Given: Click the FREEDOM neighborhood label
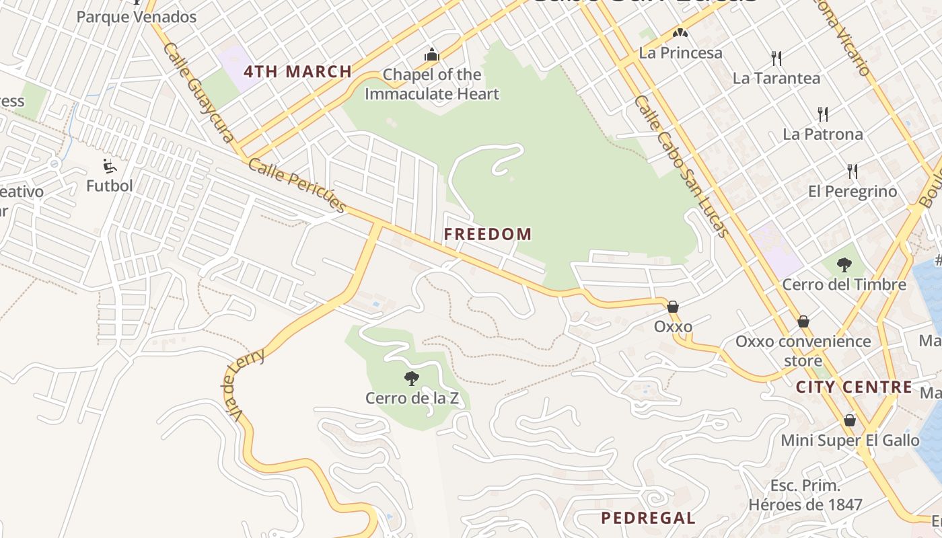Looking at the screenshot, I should pyautogui.click(x=488, y=234).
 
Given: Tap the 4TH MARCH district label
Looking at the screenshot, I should pyautogui.click(x=297, y=71).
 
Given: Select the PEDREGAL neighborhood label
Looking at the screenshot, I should pyautogui.click(x=648, y=518).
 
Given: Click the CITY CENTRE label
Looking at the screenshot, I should pyautogui.click(x=854, y=387).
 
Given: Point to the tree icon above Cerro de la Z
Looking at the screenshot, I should pyautogui.click(x=412, y=379).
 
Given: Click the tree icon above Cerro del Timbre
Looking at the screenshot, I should pyautogui.click(x=844, y=265).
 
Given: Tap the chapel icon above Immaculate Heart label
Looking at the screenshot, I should pyautogui.click(x=432, y=54).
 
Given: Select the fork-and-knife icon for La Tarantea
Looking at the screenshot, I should pyautogui.click(x=776, y=59).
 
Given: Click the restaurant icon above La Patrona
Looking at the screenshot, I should pyautogui.click(x=822, y=114).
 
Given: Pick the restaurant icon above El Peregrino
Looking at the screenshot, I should pyautogui.click(x=853, y=171).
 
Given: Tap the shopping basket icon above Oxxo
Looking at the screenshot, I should pyautogui.click(x=672, y=307).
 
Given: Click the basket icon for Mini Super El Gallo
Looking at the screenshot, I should pyautogui.click(x=850, y=421).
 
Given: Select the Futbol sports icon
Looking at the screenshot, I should pyautogui.click(x=109, y=166).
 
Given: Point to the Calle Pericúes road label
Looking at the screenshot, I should pyautogui.click(x=297, y=186).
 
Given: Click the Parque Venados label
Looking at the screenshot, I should pyautogui.click(x=136, y=17).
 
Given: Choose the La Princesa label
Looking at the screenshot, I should pyautogui.click(x=680, y=52).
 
